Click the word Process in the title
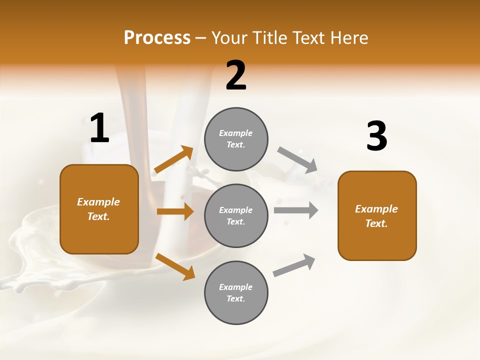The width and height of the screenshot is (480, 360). tap(157, 37)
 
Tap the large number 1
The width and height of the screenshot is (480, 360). tap(99, 128)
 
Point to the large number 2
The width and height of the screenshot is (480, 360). tap(236, 75)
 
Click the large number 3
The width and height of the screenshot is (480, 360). tap(376, 136)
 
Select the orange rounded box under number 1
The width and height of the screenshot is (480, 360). tap(99, 209)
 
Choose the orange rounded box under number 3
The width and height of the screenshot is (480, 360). tap(377, 215)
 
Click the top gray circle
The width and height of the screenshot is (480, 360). tap(236, 139)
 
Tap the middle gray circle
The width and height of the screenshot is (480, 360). tap(236, 215)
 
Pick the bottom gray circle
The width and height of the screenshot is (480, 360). tap(236, 292)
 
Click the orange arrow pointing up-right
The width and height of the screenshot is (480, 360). tap(174, 159)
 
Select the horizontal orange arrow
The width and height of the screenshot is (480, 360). tap(175, 211)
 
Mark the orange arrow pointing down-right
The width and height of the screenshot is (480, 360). tap(175, 266)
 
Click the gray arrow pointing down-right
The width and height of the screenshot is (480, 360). tap(297, 160)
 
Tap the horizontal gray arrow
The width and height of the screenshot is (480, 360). tap(295, 210)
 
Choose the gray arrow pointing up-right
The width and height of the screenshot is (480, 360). tap(294, 265)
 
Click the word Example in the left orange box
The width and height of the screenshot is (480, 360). tap(98, 202)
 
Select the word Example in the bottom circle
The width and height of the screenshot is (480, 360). tap(236, 287)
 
